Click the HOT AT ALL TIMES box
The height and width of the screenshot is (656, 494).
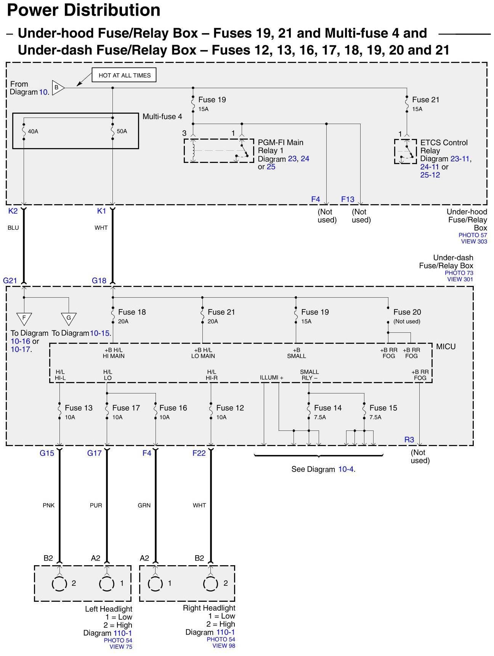click(x=124, y=75)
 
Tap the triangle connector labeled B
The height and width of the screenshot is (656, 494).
click(x=57, y=88)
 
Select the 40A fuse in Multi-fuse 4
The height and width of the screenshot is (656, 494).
click(x=24, y=131)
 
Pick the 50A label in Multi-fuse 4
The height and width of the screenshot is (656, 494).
click(x=122, y=131)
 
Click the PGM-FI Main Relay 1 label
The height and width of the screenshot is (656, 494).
click(x=281, y=147)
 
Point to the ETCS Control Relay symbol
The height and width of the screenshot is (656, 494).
click(x=406, y=151)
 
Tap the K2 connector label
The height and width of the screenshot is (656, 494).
click(x=13, y=211)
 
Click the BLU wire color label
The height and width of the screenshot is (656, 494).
click(x=13, y=228)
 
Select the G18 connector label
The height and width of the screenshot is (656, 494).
click(x=99, y=280)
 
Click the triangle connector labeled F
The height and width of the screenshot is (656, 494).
click(x=24, y=318)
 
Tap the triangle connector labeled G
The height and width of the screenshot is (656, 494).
click(x=69, y=318)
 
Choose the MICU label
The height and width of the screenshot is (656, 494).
click(x=446, y=347)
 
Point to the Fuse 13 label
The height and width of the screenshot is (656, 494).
click(x=79, y=408)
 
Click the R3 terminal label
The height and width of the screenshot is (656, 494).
click(x=409, y=440)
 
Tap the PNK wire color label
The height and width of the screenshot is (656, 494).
click(x=48, y=505)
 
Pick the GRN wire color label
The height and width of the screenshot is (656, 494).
click(x=144, y=505)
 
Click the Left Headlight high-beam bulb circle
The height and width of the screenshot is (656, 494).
click(x=59, y=584)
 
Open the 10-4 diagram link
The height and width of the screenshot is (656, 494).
click(x=346, y=469)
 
